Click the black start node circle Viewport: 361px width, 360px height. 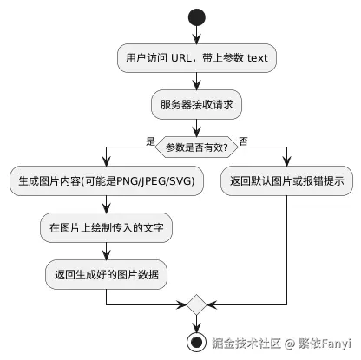pyautogui.click(x=197, y=17)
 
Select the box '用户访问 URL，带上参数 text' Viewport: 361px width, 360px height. pyautogui.click(x=197, y=58)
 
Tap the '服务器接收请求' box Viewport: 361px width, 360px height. pyautogui.click(x=197, y=105)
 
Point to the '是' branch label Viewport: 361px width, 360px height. pyautogui.click(x=149, y=141)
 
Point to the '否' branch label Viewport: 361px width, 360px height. pyautogui.click(x=243, y=141)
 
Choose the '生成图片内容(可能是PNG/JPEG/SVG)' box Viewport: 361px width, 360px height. pyautogui.click(x=106, y=183)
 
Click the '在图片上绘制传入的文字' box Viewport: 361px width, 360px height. pyautogui.click(x=106, y=229)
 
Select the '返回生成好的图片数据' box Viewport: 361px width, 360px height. pyautogui.click(x=106, y=275)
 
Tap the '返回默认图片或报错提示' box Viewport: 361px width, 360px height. pyautogui.click(x=287, y=183)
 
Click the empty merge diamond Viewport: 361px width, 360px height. pyautogui.click(x=197, y=305)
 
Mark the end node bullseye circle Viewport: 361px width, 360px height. pyautogui.click(x=197, y=340)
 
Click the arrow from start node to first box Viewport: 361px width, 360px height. pyautogui.click(x=197, y=36)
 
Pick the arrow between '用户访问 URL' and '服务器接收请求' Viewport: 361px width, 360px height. pyautogui.click(x=197, y=82)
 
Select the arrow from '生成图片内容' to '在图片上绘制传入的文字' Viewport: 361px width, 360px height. pyautogui.click(x=106, y=206)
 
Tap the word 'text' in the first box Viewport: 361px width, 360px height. pyautogui.click(x=258, y=58)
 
